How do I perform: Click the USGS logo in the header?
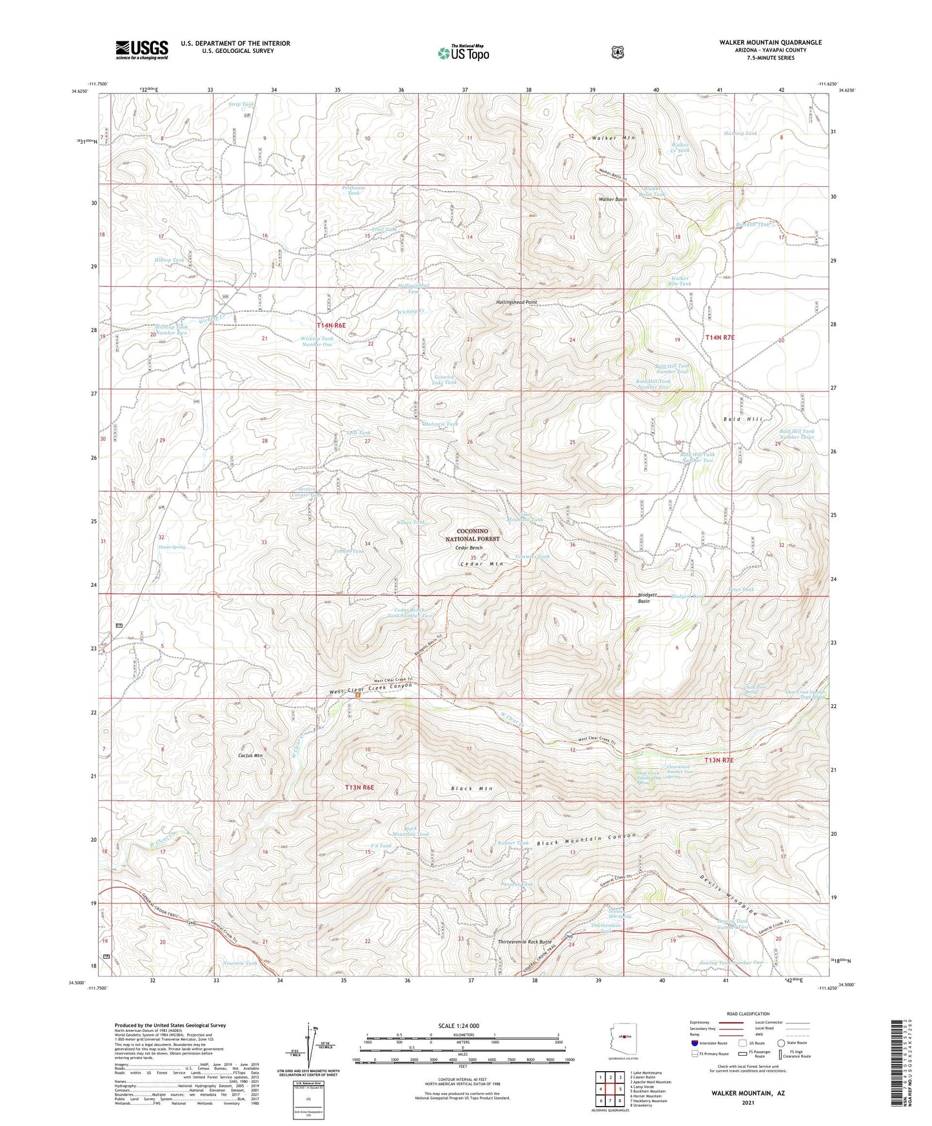(142, 49)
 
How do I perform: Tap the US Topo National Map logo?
(462, 52)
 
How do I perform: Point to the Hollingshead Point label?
(516, 302)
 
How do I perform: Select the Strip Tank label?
(242, 104)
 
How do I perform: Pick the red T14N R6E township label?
(331, 326)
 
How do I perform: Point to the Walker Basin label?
(612, 199)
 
